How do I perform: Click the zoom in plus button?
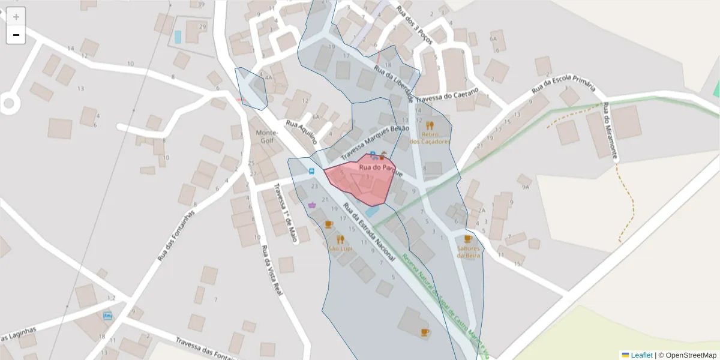[16, 17]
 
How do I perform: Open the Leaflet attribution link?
[641, 355]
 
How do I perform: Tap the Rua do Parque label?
[376, 168]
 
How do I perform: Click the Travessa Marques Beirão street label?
[375, 140]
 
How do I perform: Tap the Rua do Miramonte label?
[610, 131]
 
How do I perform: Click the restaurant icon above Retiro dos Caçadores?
[430, 126]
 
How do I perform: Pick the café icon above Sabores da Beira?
[468, 239]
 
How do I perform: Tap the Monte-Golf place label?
[267, 136]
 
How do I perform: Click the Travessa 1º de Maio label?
[286, 212]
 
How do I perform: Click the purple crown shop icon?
[312, 205]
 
